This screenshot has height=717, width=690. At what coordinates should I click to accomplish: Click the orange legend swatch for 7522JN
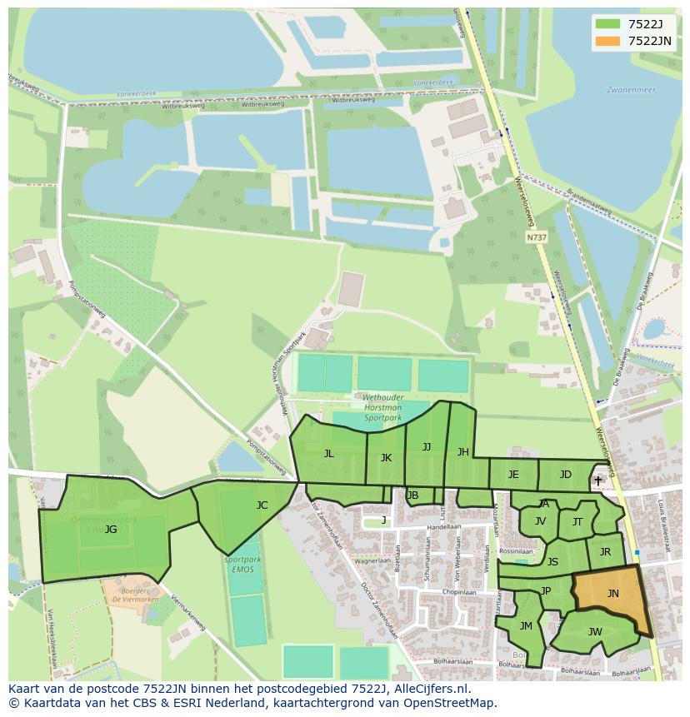coord(608,41)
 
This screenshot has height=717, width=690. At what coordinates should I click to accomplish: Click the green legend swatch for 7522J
coord(608,24)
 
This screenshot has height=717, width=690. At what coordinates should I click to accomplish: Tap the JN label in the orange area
coord(612,594)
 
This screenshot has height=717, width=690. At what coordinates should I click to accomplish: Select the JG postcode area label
coord(111,530)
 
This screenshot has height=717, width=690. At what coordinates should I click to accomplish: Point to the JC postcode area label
coord(262,505)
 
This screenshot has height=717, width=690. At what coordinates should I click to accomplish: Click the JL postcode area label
coord(328,454)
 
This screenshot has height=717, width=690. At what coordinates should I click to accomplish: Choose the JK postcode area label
coord(386,458)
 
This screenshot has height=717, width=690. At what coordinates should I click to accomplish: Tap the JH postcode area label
coord(462,452)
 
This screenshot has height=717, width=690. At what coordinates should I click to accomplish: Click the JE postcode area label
coord(513,475)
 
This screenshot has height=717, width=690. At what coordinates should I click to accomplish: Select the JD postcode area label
coord(565,475)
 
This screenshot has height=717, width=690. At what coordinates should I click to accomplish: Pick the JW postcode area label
coord(595,632)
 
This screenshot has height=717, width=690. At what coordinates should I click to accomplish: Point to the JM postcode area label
coord(526,626)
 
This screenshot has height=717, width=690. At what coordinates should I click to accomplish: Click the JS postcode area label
coord(552,562)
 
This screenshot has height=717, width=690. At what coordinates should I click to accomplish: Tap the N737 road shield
coord(537,237)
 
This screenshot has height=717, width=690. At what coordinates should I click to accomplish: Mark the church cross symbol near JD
coord(597,480)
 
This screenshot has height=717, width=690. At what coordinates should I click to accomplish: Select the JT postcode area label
coord(577,522)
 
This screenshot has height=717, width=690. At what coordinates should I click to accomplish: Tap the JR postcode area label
coord(605,552)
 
